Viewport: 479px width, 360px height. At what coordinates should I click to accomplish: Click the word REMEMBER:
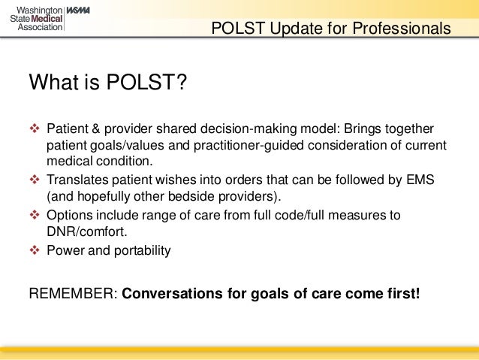point(72,292)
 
